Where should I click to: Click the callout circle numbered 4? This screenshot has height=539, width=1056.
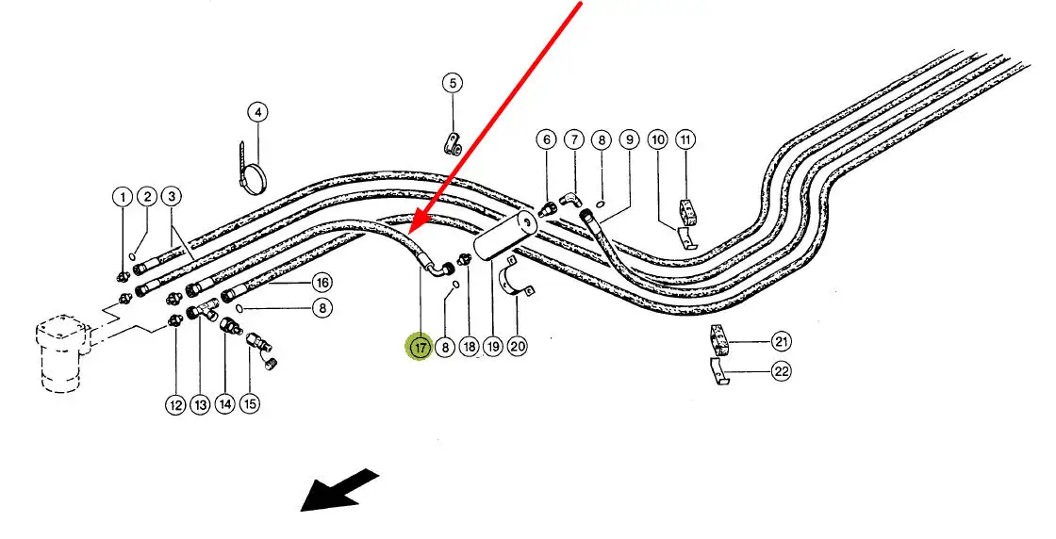tap(257, 112)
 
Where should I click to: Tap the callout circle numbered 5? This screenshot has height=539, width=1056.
tap(453, 83)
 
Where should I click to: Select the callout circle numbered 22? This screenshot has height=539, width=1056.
tap(782, 371)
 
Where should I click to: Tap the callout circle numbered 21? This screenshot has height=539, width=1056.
tap(782, 341)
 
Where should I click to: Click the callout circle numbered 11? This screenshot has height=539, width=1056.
tap(686, 140)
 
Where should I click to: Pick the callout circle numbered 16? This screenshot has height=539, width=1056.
tap(322, 282)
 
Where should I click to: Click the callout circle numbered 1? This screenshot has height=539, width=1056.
tap(122, 197)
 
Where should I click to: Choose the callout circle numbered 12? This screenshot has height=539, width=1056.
tap(175, 405)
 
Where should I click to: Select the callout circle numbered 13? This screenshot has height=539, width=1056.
tap(200, 405)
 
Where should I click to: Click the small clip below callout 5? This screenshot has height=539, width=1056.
tap(452, 144)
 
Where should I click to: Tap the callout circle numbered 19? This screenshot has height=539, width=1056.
tap(492, 347)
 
